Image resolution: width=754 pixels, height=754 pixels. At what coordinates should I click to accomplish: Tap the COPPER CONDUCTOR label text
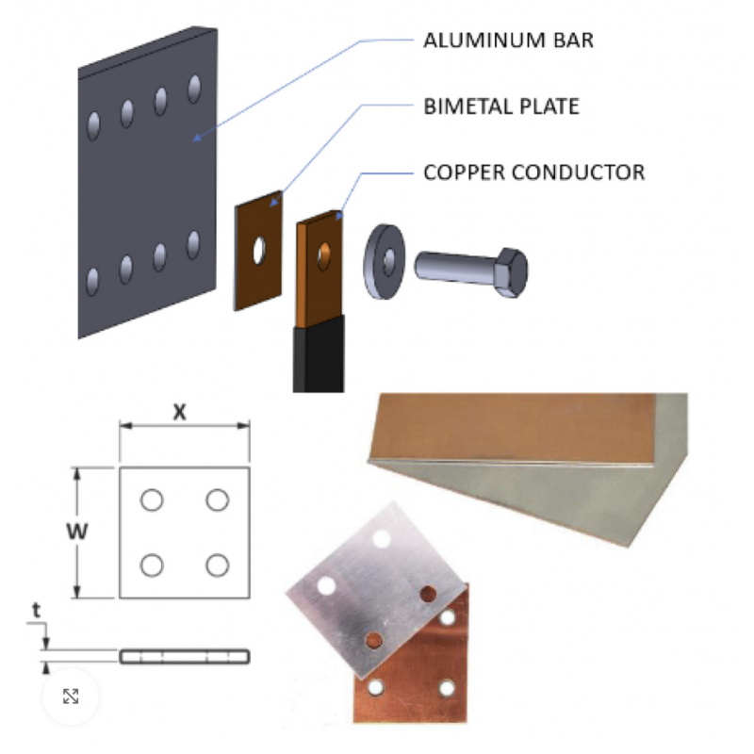pyautogui.click(x=533, y=173)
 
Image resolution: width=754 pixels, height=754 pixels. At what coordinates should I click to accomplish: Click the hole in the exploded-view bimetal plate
pyautogui.click(x=259, y=252)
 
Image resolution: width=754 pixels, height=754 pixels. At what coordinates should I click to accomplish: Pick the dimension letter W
pyautogui.click(x=82, y=532)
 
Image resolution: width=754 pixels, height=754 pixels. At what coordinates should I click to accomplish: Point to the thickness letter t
pyautogui.click(x=36, y=612)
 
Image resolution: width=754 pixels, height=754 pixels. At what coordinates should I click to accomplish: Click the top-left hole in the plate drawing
pyautogui.click(x=152, y=500)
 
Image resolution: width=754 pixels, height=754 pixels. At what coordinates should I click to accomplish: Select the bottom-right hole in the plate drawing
pyautogui.click(x=218, y=565)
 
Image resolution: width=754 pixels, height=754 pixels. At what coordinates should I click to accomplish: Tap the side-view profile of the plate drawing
pyautogui.click(x=185, y=656)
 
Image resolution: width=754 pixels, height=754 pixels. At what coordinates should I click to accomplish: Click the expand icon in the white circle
pyautogui.click(x=70, y=697)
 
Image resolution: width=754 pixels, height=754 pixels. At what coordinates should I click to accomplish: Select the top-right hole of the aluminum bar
pyautogui.click(x=195, y=90)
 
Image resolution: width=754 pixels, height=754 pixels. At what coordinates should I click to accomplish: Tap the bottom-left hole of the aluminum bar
pyautogui.click(x=92, y=281)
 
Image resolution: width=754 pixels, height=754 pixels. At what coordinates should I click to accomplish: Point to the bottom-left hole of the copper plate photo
pyautogui.click(x=378, y=686)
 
